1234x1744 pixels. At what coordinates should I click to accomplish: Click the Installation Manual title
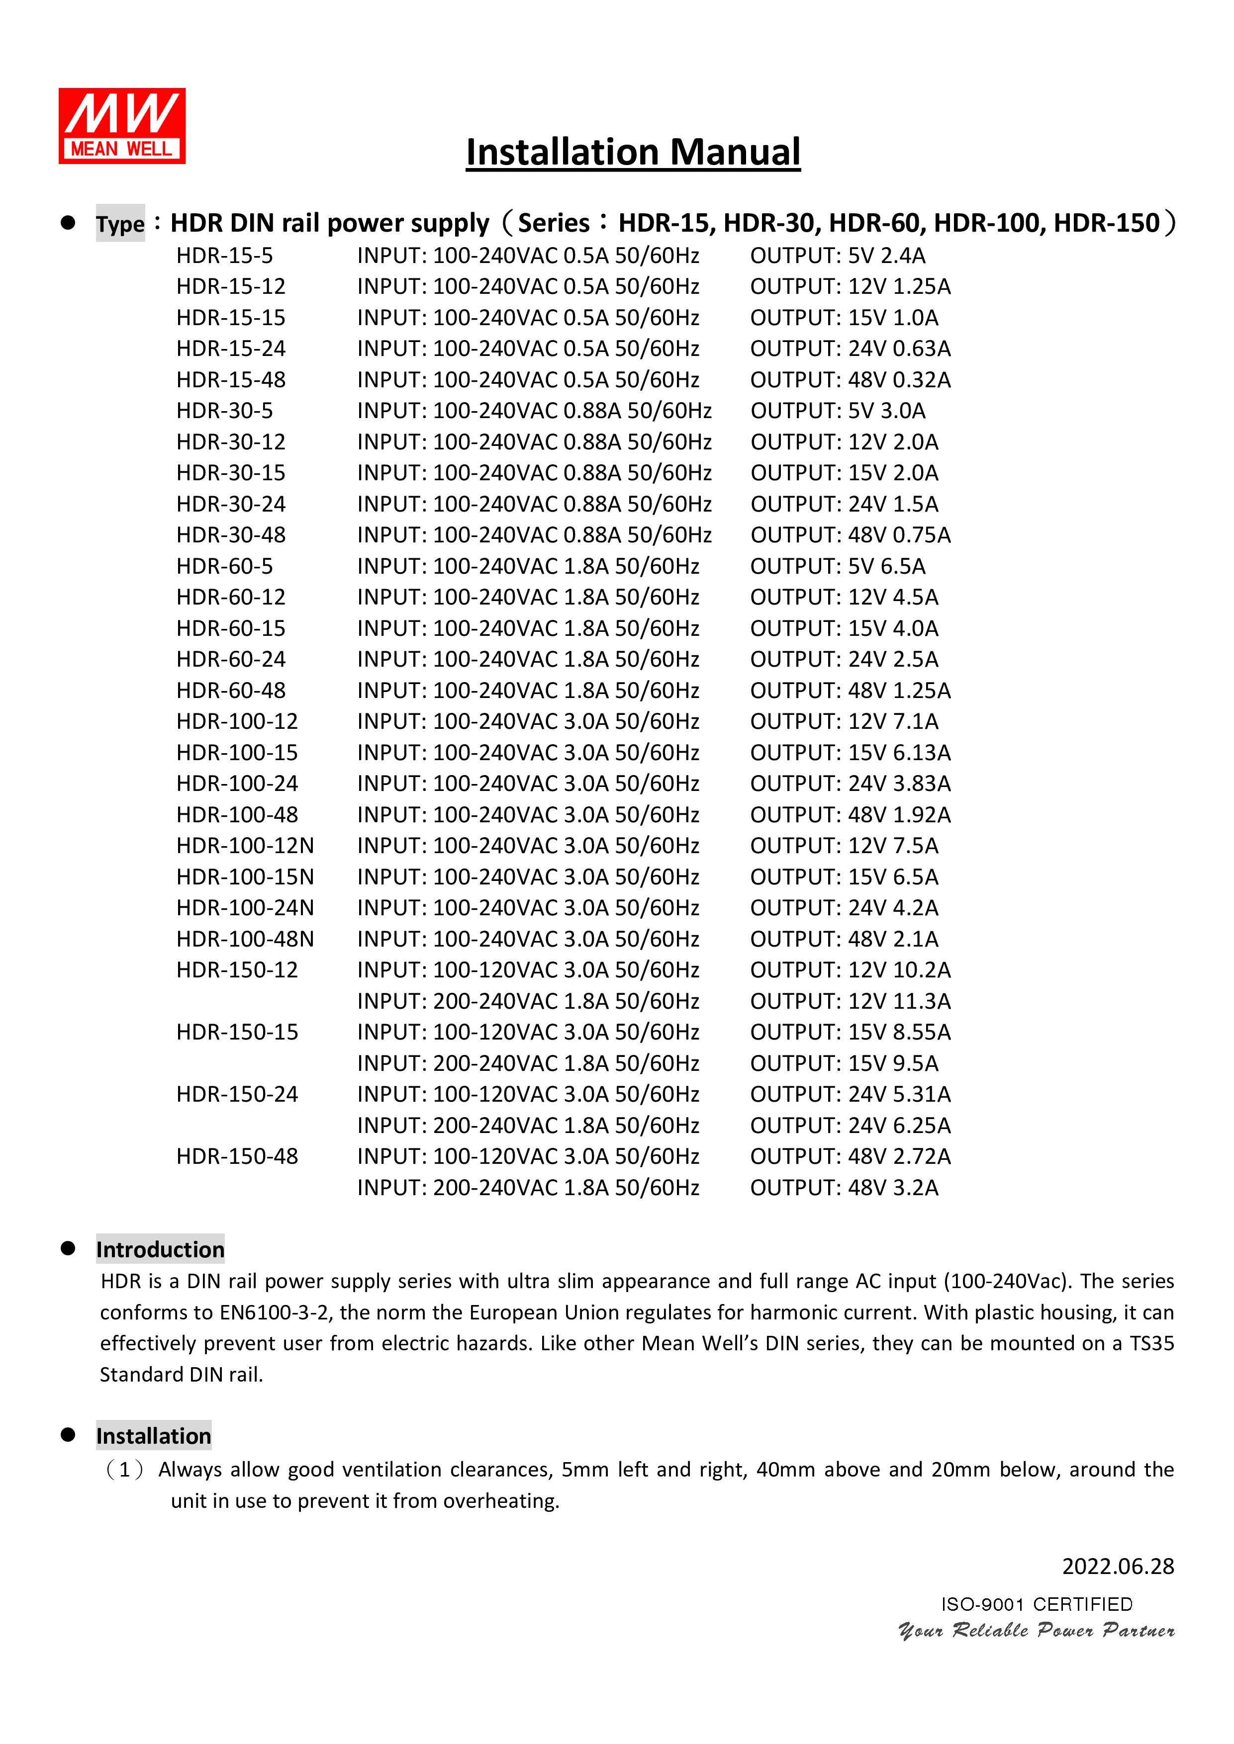[x=633, y=152]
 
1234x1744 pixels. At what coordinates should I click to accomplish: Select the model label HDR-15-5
[x=224, y=256]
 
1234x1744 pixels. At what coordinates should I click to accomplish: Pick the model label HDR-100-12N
[x=245, y=846]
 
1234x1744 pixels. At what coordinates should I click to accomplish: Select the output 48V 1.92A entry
[x=899, y=815]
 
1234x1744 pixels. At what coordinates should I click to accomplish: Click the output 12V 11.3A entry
[x=899, y=1002]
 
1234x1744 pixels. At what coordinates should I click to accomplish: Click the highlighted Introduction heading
[x=160, y=1249]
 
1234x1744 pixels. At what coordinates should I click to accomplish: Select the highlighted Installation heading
[x=154, y=1436]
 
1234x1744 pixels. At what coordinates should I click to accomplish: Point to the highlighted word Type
[x=120, y=224]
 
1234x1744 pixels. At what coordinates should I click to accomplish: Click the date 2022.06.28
[x=1118, y=1566]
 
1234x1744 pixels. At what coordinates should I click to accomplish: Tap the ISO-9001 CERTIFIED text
[x=1037, y=1604]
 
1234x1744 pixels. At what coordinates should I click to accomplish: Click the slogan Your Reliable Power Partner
[x=1037, y=1630]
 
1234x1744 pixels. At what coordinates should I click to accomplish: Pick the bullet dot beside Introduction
[x=68, y=1248]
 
